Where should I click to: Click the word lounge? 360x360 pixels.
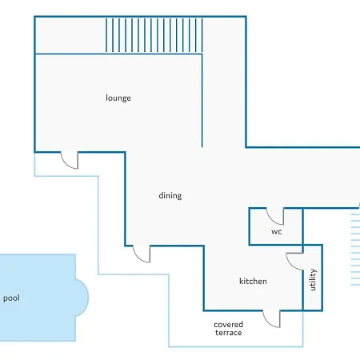click(x=118, y=98)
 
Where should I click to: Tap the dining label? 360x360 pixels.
click(x=170, y=195)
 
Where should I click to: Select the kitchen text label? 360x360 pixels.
click(x=253, y=281)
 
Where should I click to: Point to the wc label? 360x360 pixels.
click(x=277, y=231)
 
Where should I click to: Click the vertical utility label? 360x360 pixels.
click(x=313, y=279)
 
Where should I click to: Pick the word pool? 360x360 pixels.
click(x=11, y=298)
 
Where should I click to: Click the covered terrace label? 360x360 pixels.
click(x=229, y=329)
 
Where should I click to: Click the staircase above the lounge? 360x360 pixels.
click(x=154, y=35)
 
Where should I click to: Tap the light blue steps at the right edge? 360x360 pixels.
click(x=355, y=250)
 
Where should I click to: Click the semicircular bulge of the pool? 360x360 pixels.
click(x=82, y=298)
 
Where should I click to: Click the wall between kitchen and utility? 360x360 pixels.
click(x=303, y=290)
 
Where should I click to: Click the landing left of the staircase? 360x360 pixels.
click(x=70, y=35)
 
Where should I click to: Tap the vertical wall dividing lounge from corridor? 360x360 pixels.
click(x=202, y=100)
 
